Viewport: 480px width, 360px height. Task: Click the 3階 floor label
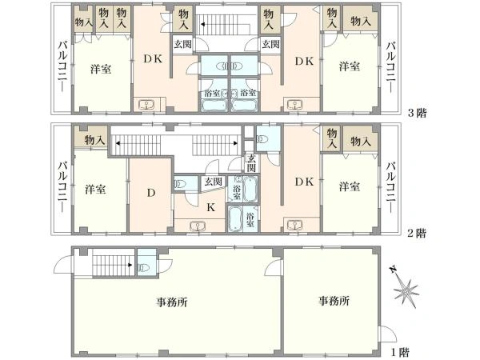(x=418, y=113)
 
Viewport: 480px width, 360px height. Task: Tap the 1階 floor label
(x=400, y=352)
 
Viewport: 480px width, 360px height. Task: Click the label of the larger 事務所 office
(x=172, y=302)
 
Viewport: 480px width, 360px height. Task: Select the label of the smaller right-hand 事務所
(x=334, y=301)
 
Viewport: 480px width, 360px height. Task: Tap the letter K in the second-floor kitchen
(x=210, y=207)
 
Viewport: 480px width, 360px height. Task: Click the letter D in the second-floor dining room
(x=151, y=193)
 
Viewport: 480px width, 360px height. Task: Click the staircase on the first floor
(x=114, y=262)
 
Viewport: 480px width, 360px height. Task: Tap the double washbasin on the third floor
(x=230, y=66)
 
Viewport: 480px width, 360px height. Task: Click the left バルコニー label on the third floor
(x=62, y=66)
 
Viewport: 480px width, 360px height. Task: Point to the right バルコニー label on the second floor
(x=390, y=186)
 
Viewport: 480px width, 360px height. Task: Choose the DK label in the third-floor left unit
(x=153, y=59)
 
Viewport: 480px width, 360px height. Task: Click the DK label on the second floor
(x=304, y=182)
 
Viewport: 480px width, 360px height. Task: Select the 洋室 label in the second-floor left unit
(x=95, y=190)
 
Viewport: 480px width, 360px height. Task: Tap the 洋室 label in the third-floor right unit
(x=350, y=66)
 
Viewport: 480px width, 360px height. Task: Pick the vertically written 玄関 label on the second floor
(x=251, y=163)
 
